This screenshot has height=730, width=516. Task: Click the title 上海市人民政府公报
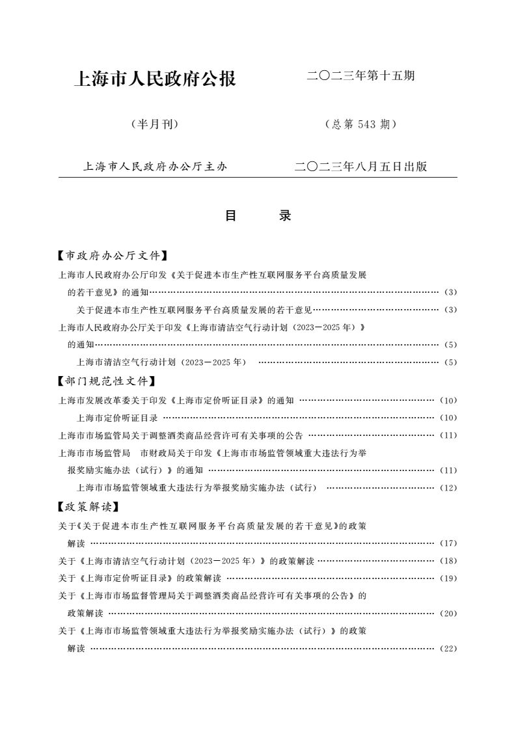[156, 79]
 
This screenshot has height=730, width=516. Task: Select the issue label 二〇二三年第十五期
[360, 76]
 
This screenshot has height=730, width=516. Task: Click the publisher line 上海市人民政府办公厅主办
[155, 167]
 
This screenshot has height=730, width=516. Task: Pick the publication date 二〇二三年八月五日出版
[360, 167]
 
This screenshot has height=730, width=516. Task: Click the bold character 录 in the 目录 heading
[285, 216]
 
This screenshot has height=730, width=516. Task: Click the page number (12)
[448, 488]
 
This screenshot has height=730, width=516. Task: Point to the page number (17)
[448, 543]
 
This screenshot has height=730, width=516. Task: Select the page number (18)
[448, 561]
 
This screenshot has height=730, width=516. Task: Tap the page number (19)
[448, 578]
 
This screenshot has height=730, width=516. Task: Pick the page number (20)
[448, 614]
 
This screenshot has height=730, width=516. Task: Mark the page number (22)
[448, 649]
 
